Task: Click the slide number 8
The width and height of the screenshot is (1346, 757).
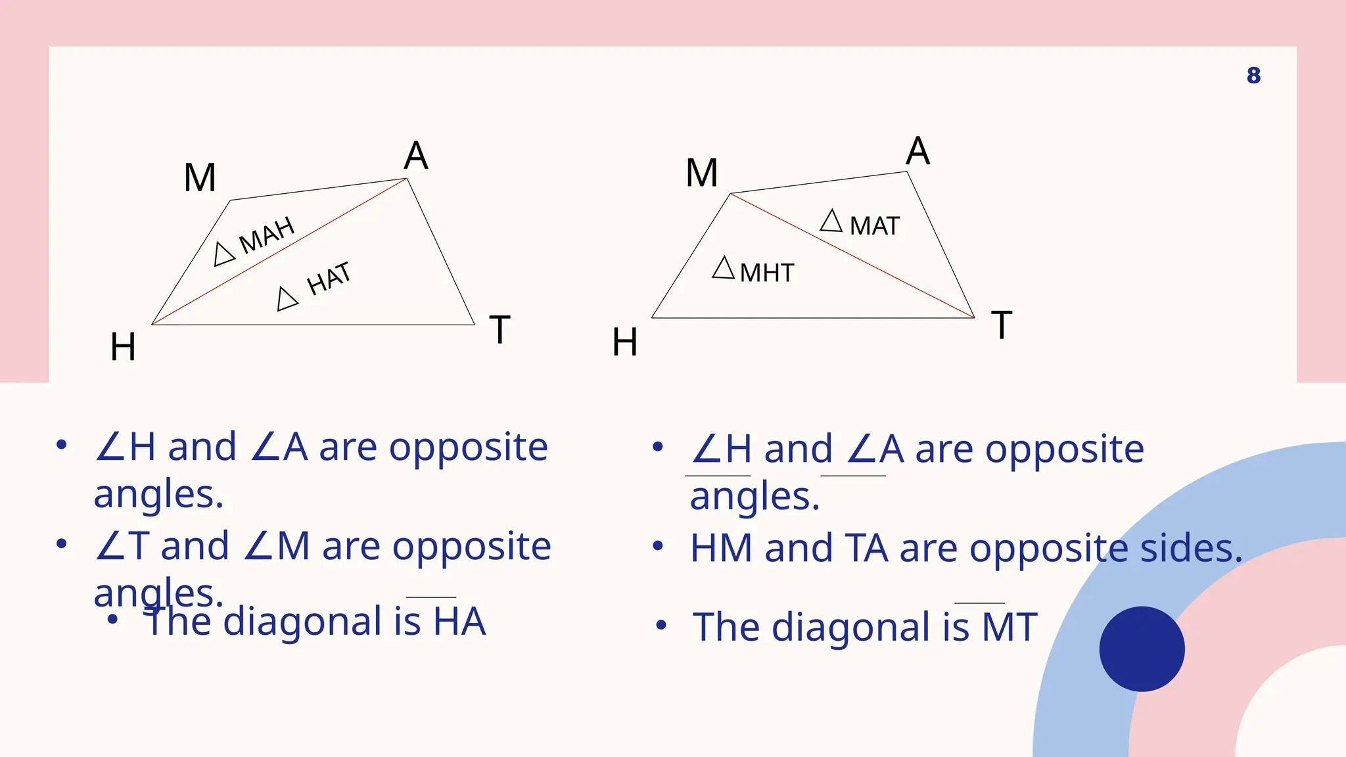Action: click(x=1253, y=76)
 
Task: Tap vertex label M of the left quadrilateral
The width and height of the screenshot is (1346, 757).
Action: click(x=200, y=177)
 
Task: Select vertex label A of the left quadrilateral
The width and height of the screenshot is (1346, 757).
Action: click(x=416, y=156)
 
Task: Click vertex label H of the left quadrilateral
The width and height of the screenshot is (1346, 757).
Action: click(x=123, y=347)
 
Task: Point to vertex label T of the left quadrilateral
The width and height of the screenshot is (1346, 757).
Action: click(x=499, y=330)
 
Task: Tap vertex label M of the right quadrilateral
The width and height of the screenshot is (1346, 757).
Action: click(x=701, y=173)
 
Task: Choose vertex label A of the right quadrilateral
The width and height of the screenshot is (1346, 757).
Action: click(x=917, y=151)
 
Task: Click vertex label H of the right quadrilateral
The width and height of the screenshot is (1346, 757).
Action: click(x=624, y=342)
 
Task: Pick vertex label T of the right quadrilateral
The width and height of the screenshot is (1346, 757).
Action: click(x=1001, y=325)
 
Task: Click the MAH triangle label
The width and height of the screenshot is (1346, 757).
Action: click(x=266, y=235)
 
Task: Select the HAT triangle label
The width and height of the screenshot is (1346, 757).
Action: click(x=329, y=279)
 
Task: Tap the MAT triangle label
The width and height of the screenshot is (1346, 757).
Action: click(x=873, y=226)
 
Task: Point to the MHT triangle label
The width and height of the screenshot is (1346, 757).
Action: click(x=766, y=273)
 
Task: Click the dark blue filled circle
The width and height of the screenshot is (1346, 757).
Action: click(x=1142, y=649)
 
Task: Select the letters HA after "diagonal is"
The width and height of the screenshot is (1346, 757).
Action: click(x=459, y=622)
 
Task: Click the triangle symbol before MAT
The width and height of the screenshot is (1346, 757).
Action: click(x=831, y=221)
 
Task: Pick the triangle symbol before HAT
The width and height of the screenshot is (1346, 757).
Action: click(x=287, y=299)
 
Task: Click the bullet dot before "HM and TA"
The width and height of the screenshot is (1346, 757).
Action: click(x=658, y=546)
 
